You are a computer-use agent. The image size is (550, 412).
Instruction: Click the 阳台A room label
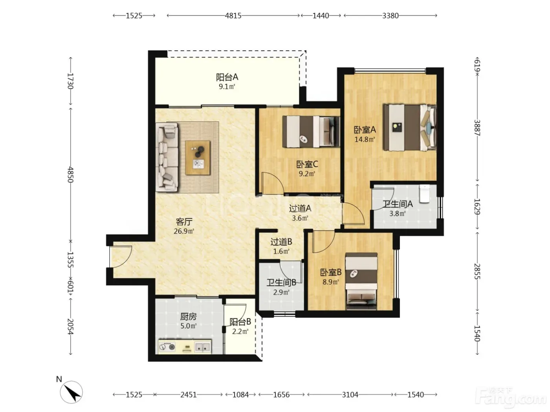click(x=227, y=77)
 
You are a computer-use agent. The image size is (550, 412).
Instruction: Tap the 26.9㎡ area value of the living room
click(x=184, y=231)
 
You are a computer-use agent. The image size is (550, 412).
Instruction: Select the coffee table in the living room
click(x=198, y=158)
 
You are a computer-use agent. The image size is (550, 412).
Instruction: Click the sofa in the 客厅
click(x=167, y=157)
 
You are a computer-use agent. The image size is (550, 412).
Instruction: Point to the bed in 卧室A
click(x=409, y=128)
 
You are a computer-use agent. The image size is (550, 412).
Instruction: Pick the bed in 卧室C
click(x=311, y=131)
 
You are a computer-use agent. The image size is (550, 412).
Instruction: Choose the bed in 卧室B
click(x=361, y=281)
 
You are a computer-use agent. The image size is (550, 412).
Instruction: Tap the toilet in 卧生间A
click(x=425, y=193)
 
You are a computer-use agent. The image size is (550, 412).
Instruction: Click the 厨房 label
click(x=188, y=317)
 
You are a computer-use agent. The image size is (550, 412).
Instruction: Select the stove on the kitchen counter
click(x=167, y=347)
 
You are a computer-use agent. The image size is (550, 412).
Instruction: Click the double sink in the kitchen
click(x=202, y=347)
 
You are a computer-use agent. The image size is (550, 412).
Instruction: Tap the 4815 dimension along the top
click(x=233, y=16)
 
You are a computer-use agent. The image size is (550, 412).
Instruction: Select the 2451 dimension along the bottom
click(x=189, y=395)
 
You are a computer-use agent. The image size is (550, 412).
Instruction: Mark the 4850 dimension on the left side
click(x=70, y=175)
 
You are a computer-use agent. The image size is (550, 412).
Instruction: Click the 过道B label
click(x=281, y=242)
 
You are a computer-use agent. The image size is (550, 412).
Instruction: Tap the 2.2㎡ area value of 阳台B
click(x=240, y=332)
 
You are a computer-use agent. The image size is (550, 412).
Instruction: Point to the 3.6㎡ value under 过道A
click(x=300, y=218)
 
